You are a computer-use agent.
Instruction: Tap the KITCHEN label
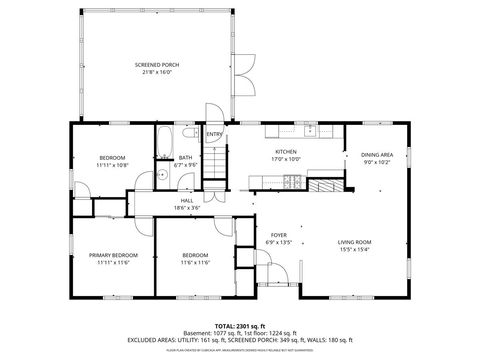tap(286, 151)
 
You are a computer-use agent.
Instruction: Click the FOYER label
tap(278, 234)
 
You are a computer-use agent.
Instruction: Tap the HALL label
tap(186, 201)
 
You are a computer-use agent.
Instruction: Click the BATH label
tap(185, 157)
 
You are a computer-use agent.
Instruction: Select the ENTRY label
tap(214, 134)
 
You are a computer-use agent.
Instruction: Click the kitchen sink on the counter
tap(312, 130)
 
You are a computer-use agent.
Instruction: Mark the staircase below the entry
tap(216, 165)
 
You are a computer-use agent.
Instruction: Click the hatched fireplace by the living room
tap(322, 185)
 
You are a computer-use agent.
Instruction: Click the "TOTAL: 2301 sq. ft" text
tap(240, 327)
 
